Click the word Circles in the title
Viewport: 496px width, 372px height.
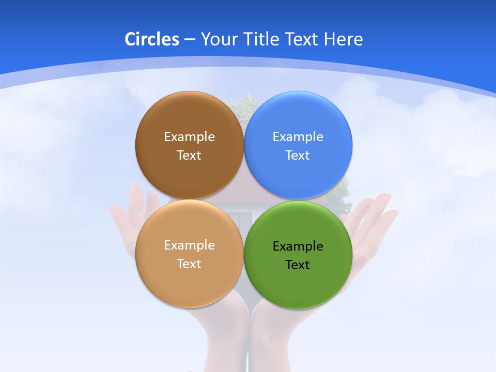pyautogui.click(x=152, y=39)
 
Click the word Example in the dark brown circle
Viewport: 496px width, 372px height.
pyautogui.click(x=189, y=136)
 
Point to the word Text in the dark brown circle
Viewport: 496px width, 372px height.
pyautogui.click(x=189, y=155)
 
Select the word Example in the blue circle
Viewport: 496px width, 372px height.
pyautogui.click(x=298, y=136)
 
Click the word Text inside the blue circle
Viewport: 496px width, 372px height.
pyautogui.click(x=298, y=155)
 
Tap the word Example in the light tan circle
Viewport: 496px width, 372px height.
pyautogui.click(x=189, y=245)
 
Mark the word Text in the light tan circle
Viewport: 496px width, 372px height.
pyautogui.click(x=189, y=263)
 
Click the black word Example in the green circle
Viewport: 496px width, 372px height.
pyautogui.click(x=298, y=246)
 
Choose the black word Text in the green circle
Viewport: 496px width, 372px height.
pyautogui.click(x=298, y=265)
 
